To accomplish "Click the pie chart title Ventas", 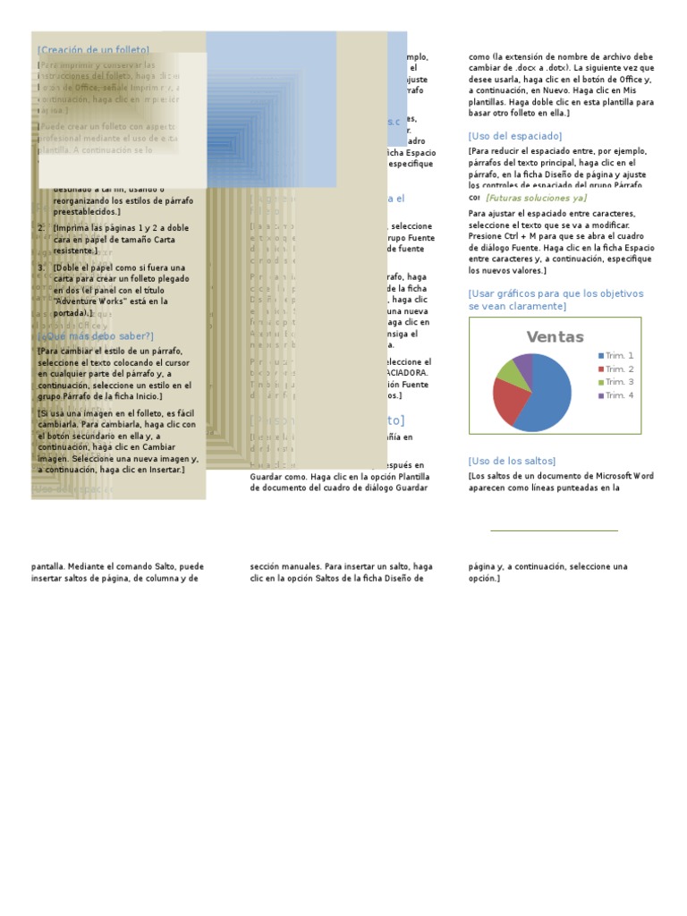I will tap(555, 337).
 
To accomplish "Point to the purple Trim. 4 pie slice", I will tap(523, 361).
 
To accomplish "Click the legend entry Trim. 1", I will tap(618, 356).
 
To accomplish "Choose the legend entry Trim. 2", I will tap(618, 369).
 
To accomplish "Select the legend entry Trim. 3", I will tap(618, 382).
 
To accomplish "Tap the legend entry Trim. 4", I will tap(618, 395).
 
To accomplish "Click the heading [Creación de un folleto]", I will tap(94, 50).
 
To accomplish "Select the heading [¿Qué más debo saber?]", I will tap(96, 336).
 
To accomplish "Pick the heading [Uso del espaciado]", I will tap(514, 136).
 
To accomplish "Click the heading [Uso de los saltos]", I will tap(512, 461).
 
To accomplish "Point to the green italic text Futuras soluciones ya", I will tap(536, 198).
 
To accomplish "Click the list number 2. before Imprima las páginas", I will tap(41, 228).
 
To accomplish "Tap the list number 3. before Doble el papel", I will tap(41, 267).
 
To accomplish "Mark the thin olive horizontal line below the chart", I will tap(554, 530).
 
